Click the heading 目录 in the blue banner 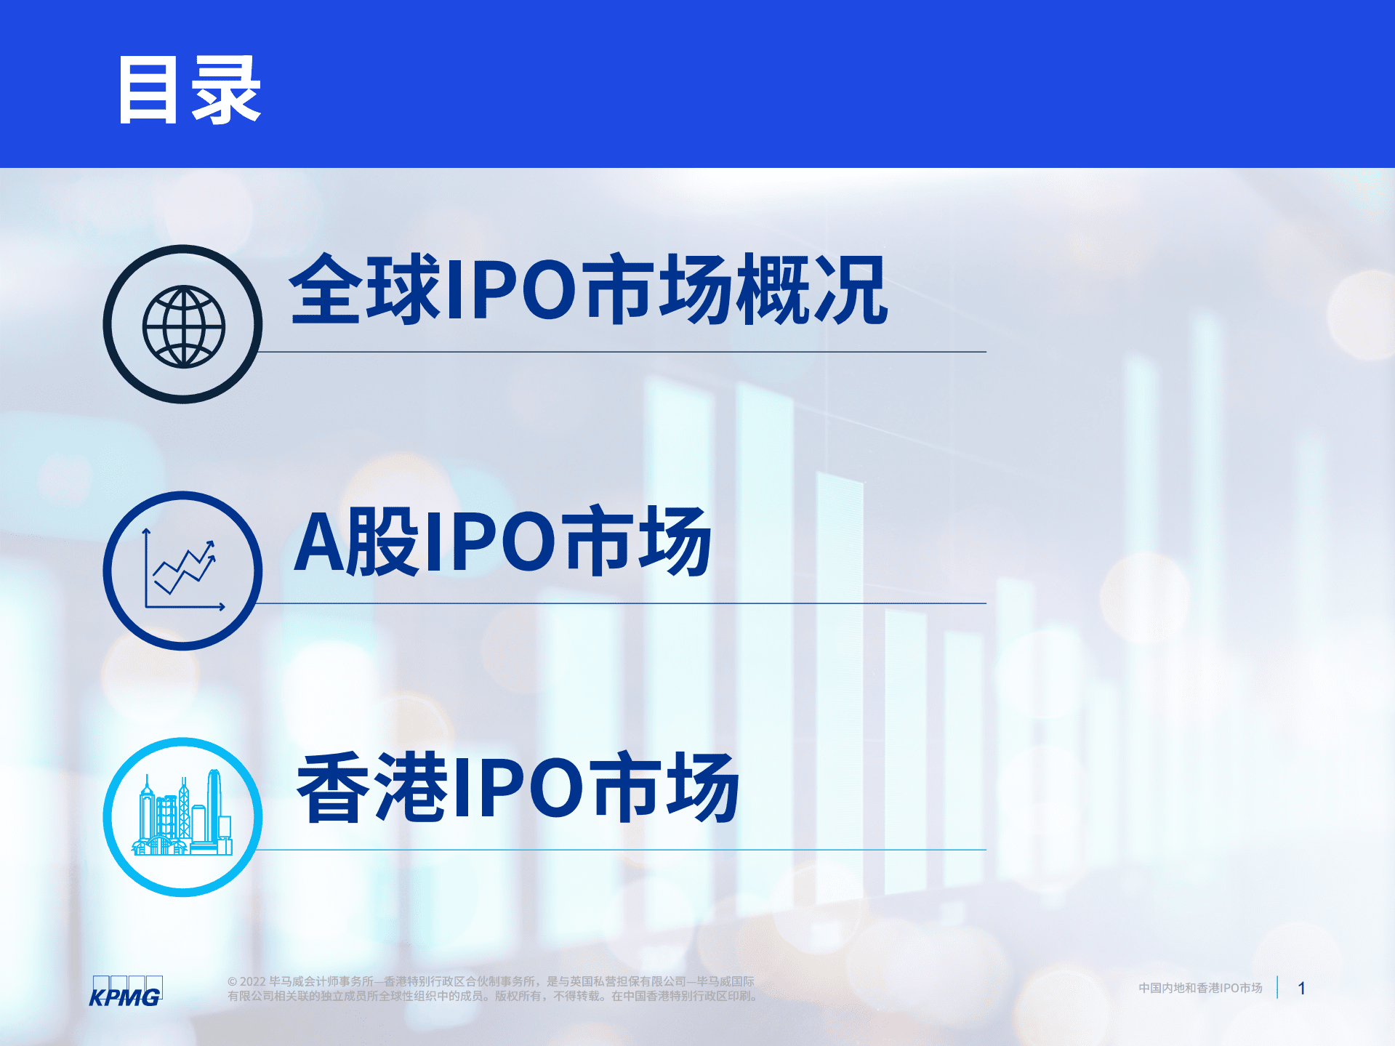coord(189,91)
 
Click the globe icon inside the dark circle coord(183,326)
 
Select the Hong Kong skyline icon coord(183,816)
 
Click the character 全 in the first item coord(326,289)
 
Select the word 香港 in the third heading coord(372,789)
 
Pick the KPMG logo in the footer coord(126,991)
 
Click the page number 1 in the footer coord(1301,989)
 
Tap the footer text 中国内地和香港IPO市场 coord(1199,989)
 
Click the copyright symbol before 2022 coord(232,982)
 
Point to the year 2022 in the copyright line coord(253,982)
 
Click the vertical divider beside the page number coord(1277,988)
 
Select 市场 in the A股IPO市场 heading coord(638,542)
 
